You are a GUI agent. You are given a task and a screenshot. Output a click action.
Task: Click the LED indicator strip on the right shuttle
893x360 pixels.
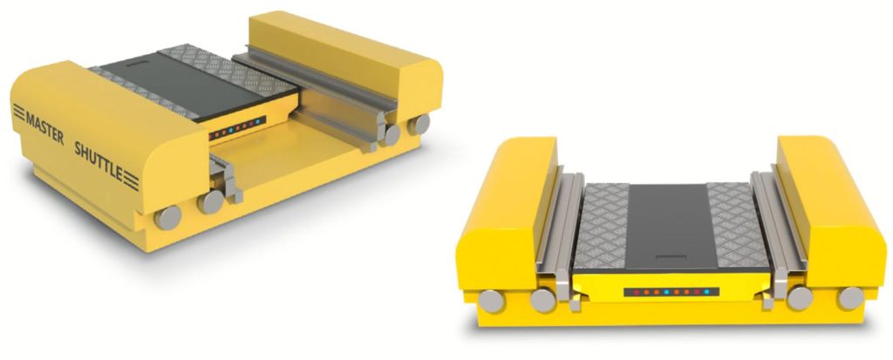pyautogui.click(x=670, y=291)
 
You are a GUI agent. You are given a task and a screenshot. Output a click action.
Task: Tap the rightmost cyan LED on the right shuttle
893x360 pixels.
pyautogui.click(x=706, y=291)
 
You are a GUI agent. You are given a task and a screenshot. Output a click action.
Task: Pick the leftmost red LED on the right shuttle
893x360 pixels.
pyautogui.click(x=634, y=291)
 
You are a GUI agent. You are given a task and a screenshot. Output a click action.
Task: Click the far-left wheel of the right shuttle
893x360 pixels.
pyautogui.click(x=493, y=301)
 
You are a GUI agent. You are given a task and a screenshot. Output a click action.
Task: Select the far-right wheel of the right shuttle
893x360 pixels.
pyautogui.click(x=850, y=298)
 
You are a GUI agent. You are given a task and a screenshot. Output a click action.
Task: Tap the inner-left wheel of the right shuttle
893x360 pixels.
pyautogui.click(x=544, y=301)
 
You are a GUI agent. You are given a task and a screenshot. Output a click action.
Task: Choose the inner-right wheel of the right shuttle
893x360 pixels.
pyautogui.click(x=799, y=298)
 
